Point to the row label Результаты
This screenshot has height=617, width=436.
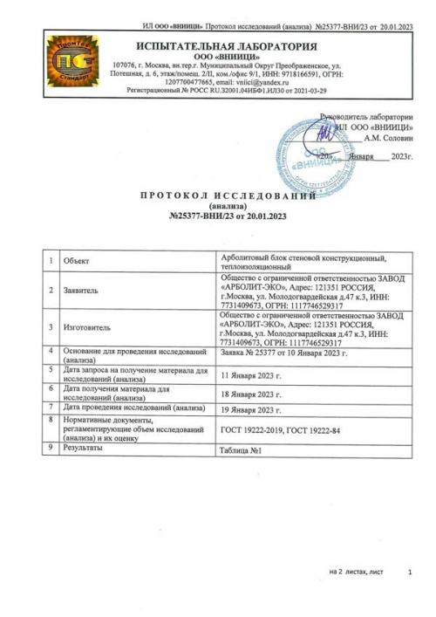84,447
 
